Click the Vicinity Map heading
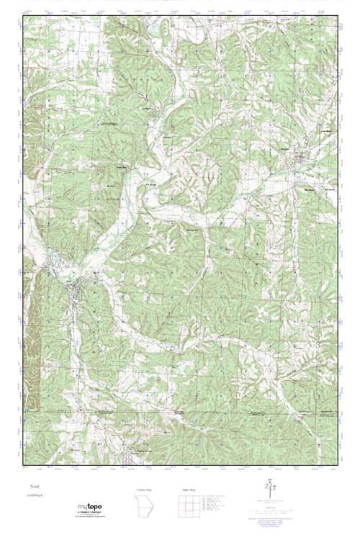pos(145,490)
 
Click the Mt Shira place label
pos(111,186)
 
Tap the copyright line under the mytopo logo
pos(90,518)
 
